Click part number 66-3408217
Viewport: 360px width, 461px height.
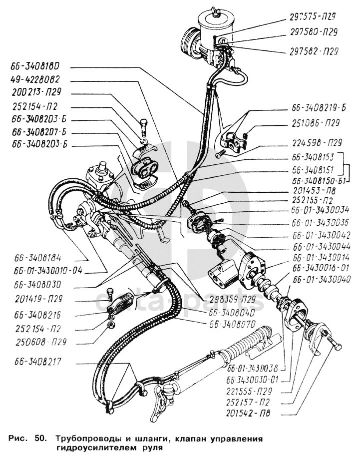click(x=37, y=361)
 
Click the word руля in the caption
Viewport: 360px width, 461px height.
click(x=152, y=448)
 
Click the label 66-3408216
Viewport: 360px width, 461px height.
click(x=37, y=316)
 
